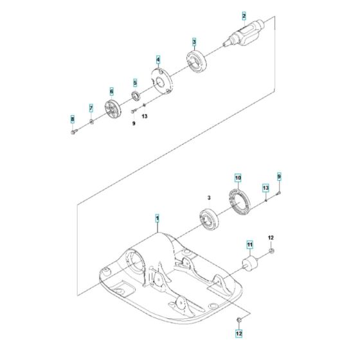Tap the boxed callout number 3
pyautogui.click(x=194, y=42)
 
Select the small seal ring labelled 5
pyautogui.click(x=135, y=97)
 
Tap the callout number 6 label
pyautogui.click(x=111, y=91)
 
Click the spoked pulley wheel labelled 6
pyautogui.click(x=112, y=111)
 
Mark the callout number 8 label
pyautogui.click(x=72, y=119)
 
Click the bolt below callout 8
pyautogui.click(x=73, y=132)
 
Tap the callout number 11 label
pyautogui.click(x=248, y=245)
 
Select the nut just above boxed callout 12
pyautogui.click(x=238, y=320)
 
